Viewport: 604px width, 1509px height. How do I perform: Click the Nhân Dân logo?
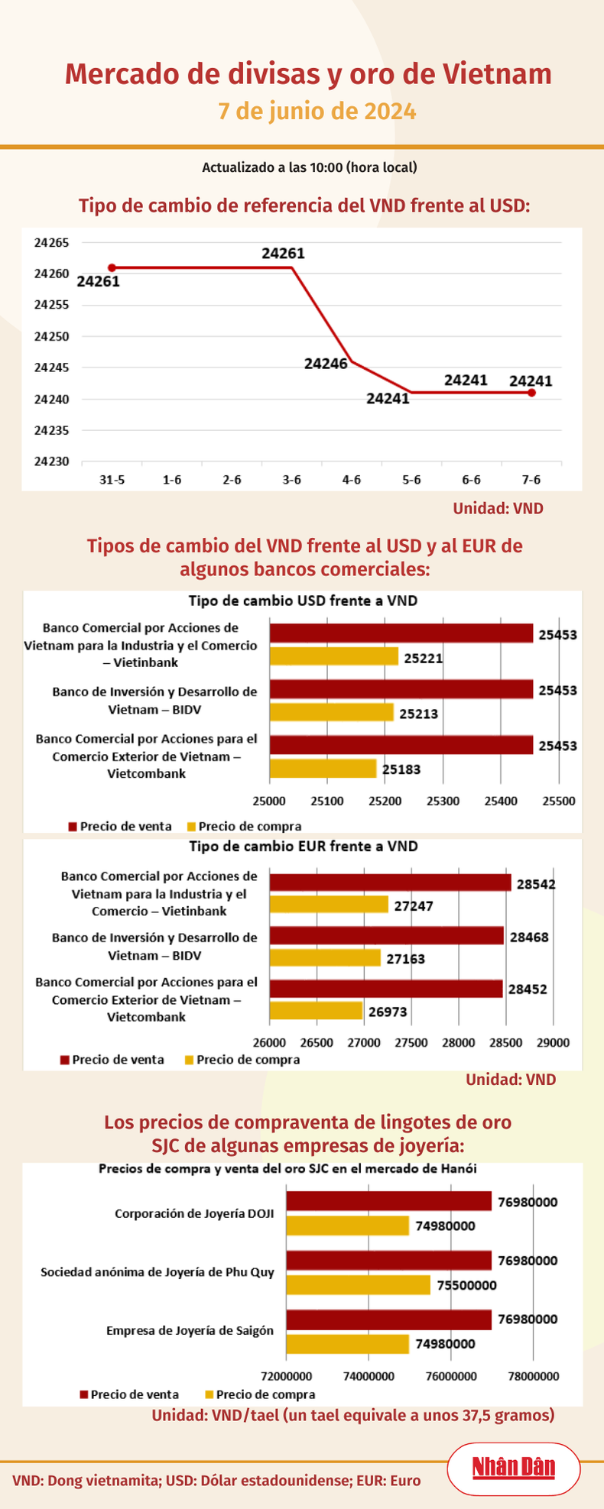513,1468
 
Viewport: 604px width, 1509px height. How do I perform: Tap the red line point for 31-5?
112,267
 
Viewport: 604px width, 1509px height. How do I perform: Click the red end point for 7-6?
531,393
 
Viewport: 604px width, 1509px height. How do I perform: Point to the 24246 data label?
326,364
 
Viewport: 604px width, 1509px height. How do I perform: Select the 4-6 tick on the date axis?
352,480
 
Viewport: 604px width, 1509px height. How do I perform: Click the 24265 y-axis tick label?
51,243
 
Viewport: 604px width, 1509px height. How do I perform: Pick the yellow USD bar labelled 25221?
334,656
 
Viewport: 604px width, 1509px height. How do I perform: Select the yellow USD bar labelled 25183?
323,768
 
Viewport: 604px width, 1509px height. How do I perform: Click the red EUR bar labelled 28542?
390,882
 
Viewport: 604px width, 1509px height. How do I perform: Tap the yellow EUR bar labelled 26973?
316,1010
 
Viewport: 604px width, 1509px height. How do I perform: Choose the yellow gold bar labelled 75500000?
359,1284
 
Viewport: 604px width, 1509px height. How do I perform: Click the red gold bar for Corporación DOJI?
388,1201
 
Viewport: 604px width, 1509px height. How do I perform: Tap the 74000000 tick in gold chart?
369,1376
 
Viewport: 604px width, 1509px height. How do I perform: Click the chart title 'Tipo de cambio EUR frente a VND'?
303,847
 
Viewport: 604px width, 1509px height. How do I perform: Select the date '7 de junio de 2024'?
317,112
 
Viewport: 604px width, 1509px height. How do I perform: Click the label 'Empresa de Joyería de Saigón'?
190,1330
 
